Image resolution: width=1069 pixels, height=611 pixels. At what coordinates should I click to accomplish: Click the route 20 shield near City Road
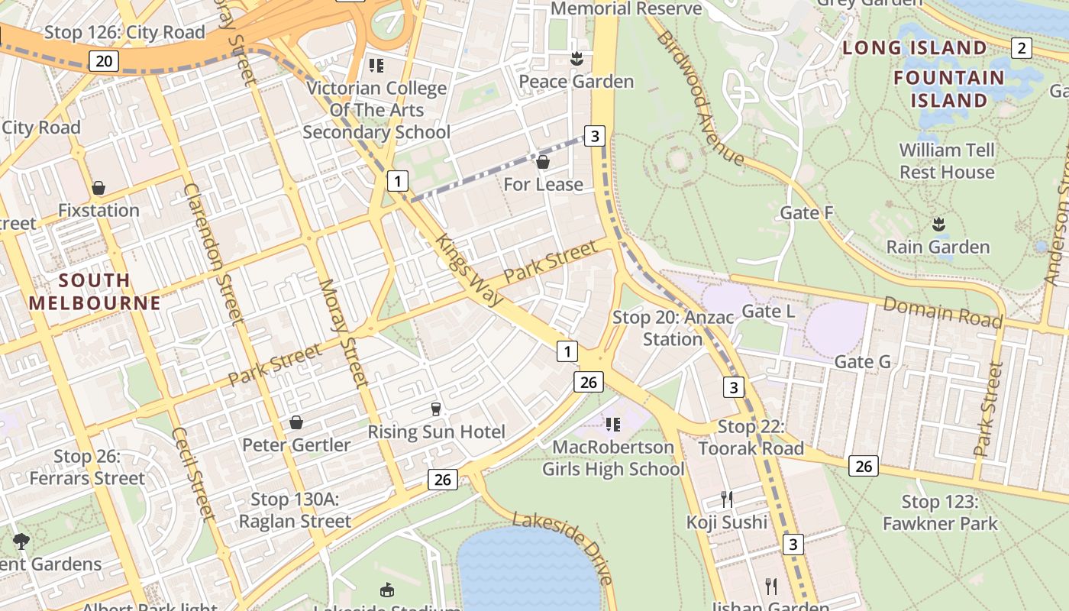(x=103, y=61)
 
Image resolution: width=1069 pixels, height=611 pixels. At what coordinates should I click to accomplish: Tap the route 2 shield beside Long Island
(x=1021, y=48)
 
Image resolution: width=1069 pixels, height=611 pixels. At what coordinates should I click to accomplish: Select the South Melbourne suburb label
(x=95, y=291)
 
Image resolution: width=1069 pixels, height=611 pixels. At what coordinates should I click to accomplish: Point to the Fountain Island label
(x=949, y=89)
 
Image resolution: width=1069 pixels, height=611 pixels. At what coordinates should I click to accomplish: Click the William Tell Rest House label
(x=947, y=161)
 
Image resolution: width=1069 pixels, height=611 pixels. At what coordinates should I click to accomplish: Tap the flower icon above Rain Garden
(x=938, y=225)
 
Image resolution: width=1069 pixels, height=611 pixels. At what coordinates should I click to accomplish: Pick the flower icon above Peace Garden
(x=576, y=59)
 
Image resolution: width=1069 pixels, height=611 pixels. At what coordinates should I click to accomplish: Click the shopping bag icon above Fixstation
(x=99, y=188)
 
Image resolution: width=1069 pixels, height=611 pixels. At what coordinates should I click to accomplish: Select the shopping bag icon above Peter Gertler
(x=296, y=422)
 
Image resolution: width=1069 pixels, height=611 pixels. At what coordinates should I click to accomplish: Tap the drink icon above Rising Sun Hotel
(x=436, y=409)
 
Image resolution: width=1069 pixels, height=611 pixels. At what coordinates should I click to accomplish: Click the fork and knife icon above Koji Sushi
(x=727, y=499)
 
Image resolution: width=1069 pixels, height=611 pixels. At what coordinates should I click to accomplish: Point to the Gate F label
(x=806, y=213)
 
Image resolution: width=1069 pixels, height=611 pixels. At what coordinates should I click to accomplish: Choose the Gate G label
(x=862, y=361)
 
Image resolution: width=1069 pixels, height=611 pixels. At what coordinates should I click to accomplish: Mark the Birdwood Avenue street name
(x=699, y=99)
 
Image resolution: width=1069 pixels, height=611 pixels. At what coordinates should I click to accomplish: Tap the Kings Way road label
(x=470, y=270)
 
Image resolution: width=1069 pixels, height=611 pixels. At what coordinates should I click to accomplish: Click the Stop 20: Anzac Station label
(x=672, y=328)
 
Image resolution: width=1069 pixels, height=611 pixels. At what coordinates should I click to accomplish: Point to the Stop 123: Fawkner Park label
(x=940, y=512)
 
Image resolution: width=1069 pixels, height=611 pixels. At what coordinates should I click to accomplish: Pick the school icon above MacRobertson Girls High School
(x=612, y=424)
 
